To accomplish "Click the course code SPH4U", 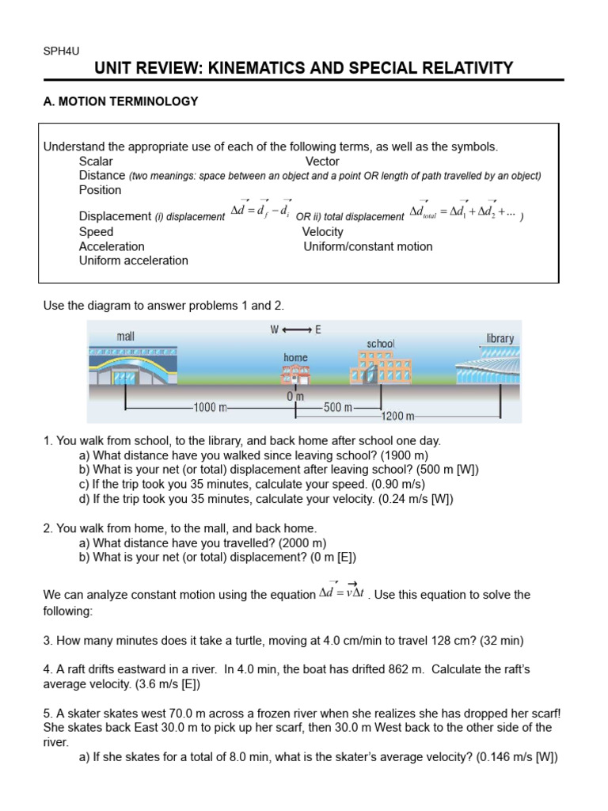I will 60,51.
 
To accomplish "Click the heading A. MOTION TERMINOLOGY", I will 120,101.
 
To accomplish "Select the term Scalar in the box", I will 96,162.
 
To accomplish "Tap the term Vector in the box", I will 322,162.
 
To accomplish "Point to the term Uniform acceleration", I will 134,261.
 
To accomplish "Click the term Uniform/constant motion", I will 368,246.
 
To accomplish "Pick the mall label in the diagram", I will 125,336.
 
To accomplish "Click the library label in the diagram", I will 500,338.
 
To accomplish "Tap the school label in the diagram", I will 381,344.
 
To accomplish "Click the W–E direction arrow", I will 295,329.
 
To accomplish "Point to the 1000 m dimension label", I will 210,408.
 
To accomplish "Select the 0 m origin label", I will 295,396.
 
